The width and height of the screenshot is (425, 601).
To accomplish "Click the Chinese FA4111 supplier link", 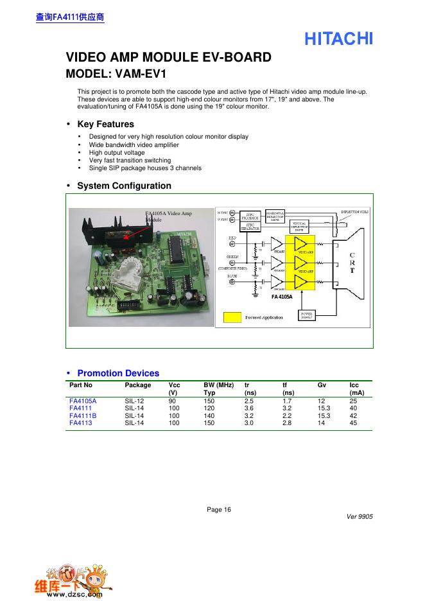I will coord(69,17).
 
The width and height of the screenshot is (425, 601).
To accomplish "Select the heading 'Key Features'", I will coord(105,124).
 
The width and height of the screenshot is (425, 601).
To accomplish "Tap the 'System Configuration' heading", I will coord(124,186).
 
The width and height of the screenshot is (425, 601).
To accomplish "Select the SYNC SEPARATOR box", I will coord(249,227).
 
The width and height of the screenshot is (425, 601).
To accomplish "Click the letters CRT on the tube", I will coord(351,263).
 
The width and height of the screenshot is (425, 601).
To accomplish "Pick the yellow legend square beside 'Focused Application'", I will coord(231,317).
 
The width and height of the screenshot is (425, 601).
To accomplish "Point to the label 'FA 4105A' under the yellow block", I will coord(281,297).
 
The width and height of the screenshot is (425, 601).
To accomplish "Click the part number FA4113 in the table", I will coord(81,423).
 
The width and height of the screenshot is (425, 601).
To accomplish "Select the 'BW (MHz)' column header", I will coord(219,385).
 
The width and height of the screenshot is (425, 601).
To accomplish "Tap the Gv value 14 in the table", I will coord(321,423).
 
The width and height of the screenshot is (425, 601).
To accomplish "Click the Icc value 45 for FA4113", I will coord(353,423).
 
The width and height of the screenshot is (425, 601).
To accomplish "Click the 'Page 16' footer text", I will coord(218,510).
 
